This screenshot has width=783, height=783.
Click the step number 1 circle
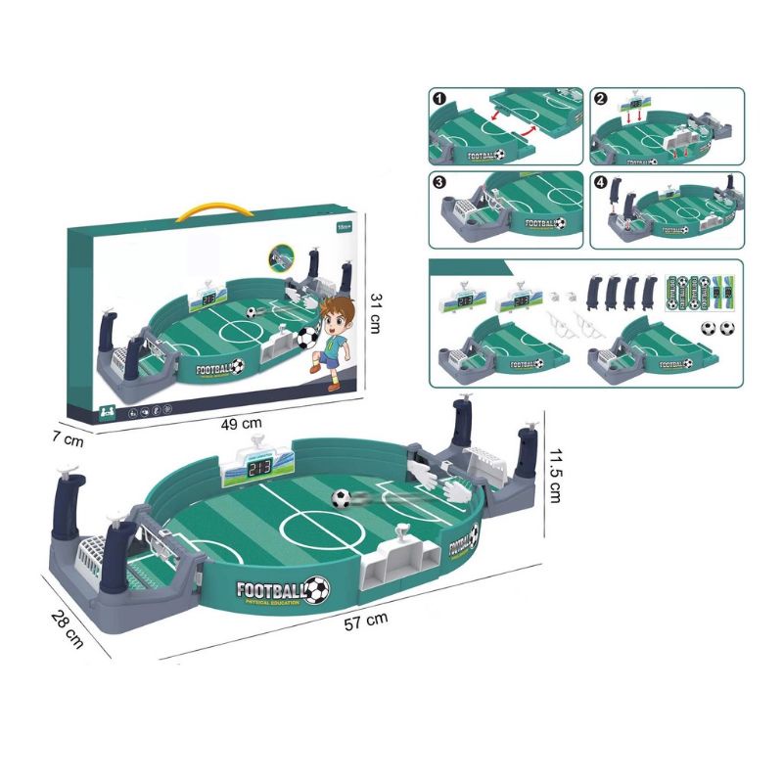tap(439, 99)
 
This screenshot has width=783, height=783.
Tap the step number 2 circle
tap(600, 99)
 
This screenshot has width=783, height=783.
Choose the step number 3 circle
tap(439, 183)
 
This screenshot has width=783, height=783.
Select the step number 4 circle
tap(600, 183)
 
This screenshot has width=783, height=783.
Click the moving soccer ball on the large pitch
tap(340, 498)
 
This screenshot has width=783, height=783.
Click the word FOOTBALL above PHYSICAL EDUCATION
tap(271, 590)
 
